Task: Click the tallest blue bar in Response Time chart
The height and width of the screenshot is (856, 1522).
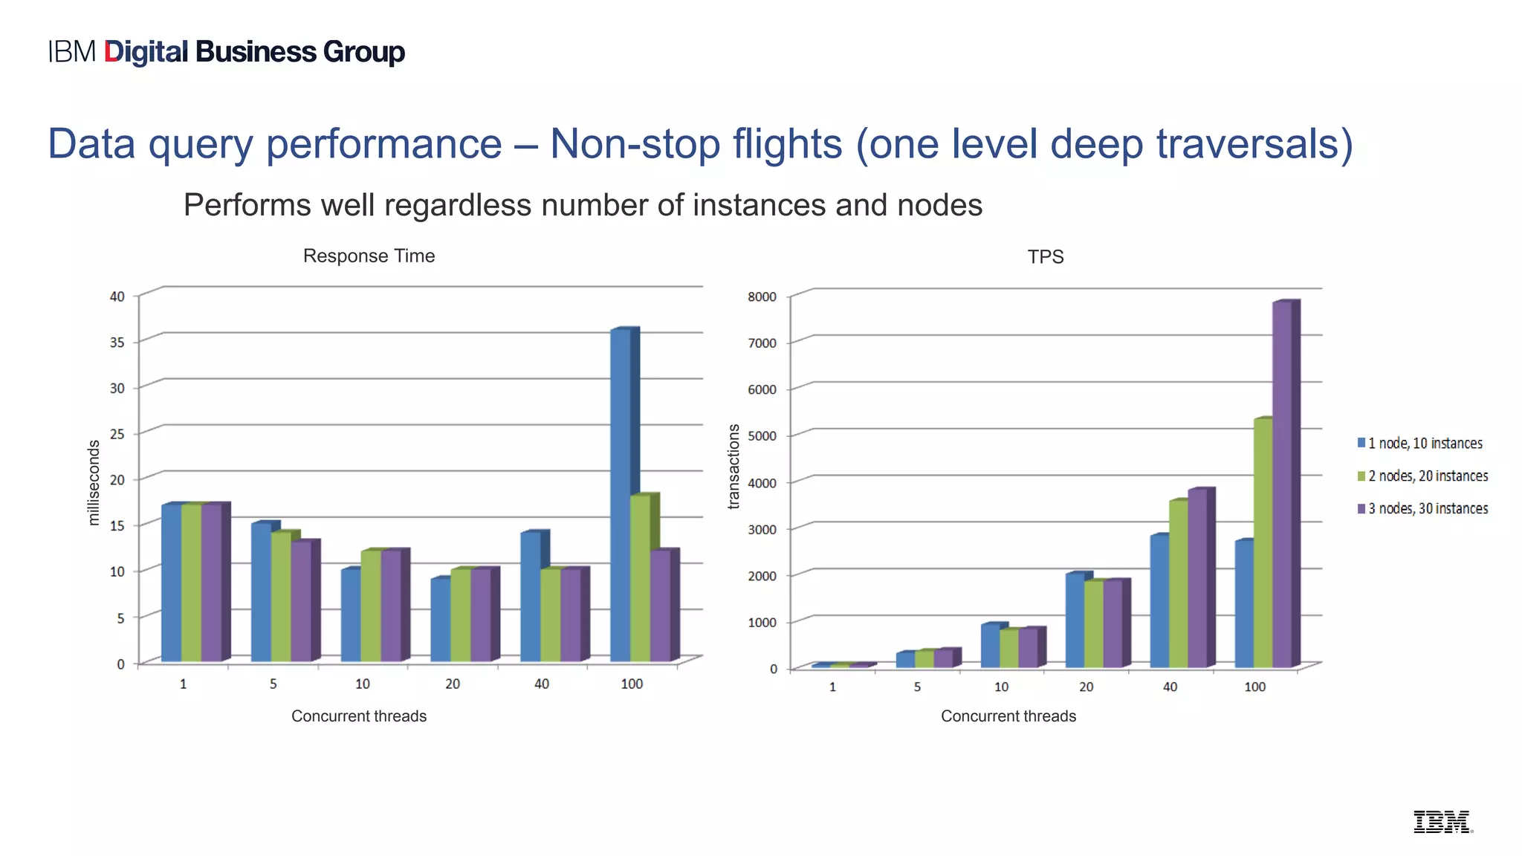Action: click(x=621, y=494)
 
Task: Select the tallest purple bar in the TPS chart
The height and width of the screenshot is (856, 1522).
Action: click(x=1282, y=483)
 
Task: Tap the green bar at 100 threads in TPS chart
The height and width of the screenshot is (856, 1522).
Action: click(x=1263, y=542)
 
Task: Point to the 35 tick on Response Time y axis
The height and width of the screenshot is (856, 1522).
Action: click(x=117, y=343)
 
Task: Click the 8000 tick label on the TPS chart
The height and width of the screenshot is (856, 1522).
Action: click(x=762, y=297)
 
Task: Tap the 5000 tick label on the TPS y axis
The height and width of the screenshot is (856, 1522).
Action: click(x=762, y=436)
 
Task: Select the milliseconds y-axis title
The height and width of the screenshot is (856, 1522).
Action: click(x=94, y=483)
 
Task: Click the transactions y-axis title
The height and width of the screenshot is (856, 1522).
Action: click(x=734, y=467)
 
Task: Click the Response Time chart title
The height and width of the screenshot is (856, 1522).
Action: click(x=369, y=256)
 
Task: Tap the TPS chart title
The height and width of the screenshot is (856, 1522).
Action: click(x=1045, y=257)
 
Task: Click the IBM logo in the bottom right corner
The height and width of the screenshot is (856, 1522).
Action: click(x=1442, y=822)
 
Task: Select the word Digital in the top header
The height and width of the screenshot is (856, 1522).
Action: click(x=146, y=52)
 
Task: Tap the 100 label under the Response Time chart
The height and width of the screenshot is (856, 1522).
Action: click(x=632, y=684)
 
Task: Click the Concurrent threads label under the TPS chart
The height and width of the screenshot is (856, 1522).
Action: click(x=1008, y=716)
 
